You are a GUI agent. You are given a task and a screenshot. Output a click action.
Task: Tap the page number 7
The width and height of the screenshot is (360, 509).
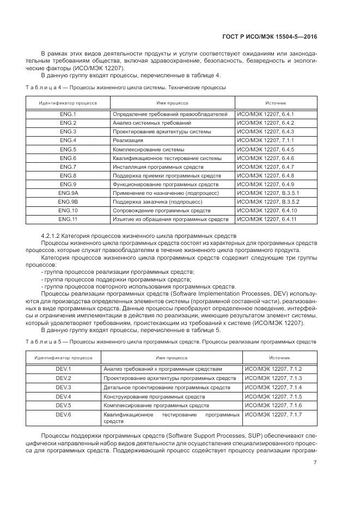(x=315, y=463)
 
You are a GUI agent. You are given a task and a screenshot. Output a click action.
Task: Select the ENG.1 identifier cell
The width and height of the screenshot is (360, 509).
(x=68, y=114)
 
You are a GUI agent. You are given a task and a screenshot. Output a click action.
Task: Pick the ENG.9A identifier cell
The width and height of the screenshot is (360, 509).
(x=68, y=193)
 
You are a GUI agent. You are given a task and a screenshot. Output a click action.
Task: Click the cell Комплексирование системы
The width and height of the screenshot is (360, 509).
(x=148, y=149)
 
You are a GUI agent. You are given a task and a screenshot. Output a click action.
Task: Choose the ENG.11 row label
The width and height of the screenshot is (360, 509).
(x=68, y=219)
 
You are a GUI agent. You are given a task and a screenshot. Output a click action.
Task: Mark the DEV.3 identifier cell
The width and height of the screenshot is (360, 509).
(x=64, y=387)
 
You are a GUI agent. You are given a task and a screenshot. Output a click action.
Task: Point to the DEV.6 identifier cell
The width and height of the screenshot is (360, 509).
(x=64, y=415)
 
